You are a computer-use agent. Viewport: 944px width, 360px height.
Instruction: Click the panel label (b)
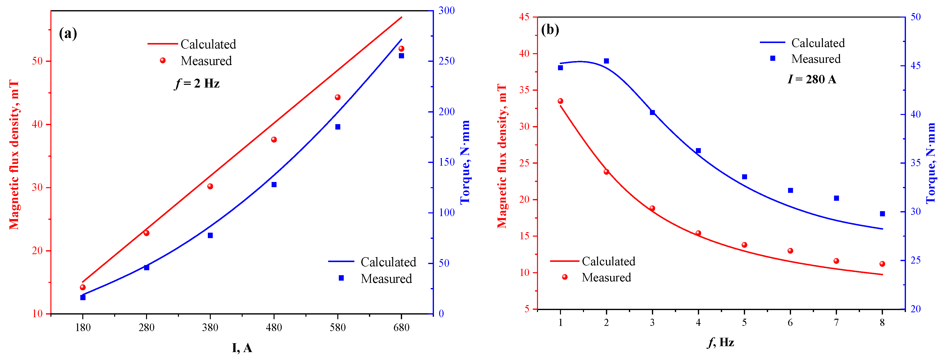[550, 29]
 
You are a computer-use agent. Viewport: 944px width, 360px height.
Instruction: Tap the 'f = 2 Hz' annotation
[197, 84]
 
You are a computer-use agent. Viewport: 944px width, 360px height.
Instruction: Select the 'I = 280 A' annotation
[812, 79]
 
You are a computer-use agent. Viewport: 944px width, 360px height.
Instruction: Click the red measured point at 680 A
[401, 49]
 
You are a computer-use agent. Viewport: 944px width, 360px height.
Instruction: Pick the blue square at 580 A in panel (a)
[338, 127]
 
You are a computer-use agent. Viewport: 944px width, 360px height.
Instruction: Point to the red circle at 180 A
[83, 287]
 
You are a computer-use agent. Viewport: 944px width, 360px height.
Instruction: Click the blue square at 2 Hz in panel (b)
[606, 61]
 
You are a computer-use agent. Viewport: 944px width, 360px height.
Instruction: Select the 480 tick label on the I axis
[274, 327]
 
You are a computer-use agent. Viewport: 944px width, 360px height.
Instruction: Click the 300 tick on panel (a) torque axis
[447, 11]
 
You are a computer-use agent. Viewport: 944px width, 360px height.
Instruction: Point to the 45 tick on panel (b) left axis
[524, 17]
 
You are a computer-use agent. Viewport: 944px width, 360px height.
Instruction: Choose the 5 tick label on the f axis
[744, 323]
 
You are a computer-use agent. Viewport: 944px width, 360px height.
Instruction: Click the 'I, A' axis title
[242, 348]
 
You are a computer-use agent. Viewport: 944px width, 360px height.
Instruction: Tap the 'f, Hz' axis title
[720, 342]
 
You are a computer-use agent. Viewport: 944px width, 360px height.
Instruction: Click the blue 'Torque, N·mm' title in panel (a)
[465, 162]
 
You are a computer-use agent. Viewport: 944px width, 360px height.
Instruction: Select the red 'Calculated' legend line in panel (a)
[162, 44]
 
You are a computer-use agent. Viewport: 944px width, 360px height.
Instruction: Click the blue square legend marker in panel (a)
[341, 278]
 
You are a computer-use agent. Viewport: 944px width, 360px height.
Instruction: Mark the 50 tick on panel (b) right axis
[915, 17]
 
